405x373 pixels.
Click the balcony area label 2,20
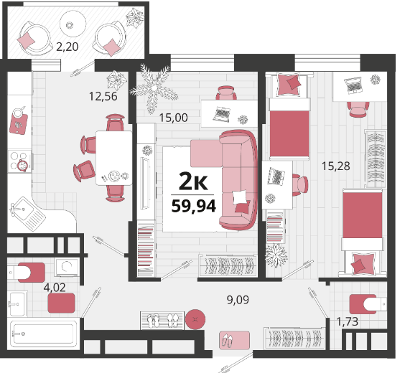pyautogui.click(x=67, y=47)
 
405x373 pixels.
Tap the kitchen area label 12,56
pyautogui.click(x=103, y=96)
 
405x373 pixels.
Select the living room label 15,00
pyautogui.click(x=173, y=118)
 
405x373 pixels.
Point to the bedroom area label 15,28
pyautogui.click(x=336, y=166)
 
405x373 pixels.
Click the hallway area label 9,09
pyautogui.click(x=238, y=300)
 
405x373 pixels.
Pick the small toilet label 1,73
pyautogui.click(x=348, y=321)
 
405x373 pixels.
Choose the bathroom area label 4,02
pyautogui.click(x=55, y=288)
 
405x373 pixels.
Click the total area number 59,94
pyautogui.click(x=194, y=206)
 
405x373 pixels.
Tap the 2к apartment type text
pyautogui.click(x=193, y=181)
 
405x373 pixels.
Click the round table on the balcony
pyautogui.click(x=73, y=24)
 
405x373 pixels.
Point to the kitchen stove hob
pyautogui.click(x=19, y=161)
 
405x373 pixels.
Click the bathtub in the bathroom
pyautogui.click(x=44, y=334)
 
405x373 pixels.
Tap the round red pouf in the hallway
pyautogui.click(x=195, y=319)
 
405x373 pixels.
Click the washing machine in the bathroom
pyautogui.click(x=67, y=267)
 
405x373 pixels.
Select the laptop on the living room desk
pyautogui.click(x=222, y=114)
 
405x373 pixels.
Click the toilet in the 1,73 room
pyautogui.click(x=368, y=304)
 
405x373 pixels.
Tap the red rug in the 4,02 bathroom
pyautogui.click(x=62, y=303)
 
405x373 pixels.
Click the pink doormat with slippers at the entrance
pyautogui.click(x=234, y=341)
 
